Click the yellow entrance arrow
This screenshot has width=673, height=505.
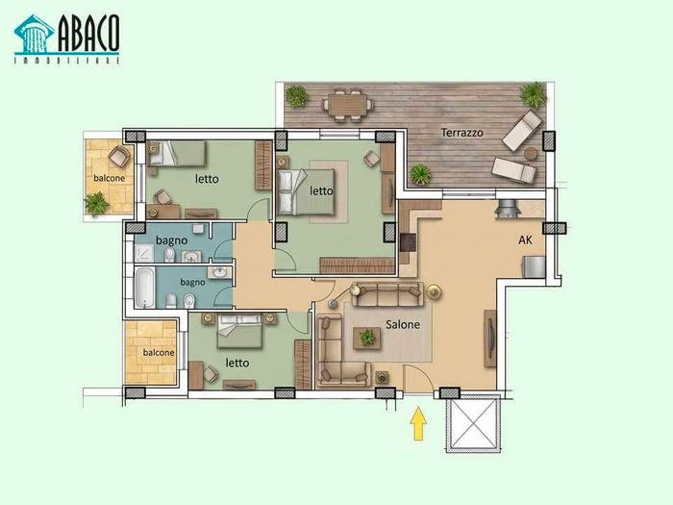[418, 424]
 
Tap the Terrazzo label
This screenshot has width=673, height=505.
[462, 133]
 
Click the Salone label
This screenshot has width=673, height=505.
[403, 324]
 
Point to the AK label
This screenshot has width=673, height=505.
[525, 240]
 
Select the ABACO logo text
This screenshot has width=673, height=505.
[88, 33]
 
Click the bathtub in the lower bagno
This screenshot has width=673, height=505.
[144, 288]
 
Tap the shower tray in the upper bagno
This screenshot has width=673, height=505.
[144, 252]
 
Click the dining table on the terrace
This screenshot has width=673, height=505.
[348, 105]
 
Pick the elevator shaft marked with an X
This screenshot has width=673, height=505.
[473, 423]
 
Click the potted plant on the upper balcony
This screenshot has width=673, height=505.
[96, 203]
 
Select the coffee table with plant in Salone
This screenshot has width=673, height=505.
[367, 338]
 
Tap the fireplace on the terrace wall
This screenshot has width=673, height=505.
[508, 209]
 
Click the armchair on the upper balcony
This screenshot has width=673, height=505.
[119, 156]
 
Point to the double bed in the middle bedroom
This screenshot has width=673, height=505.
[306, 191]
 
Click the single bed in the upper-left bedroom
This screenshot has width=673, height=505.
[176, 153]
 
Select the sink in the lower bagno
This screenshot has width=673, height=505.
[219, 272]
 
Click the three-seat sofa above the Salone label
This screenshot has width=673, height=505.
[386, 294]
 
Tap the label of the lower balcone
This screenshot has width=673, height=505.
[159, 353]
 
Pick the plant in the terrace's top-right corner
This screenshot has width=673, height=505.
[533, 94]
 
